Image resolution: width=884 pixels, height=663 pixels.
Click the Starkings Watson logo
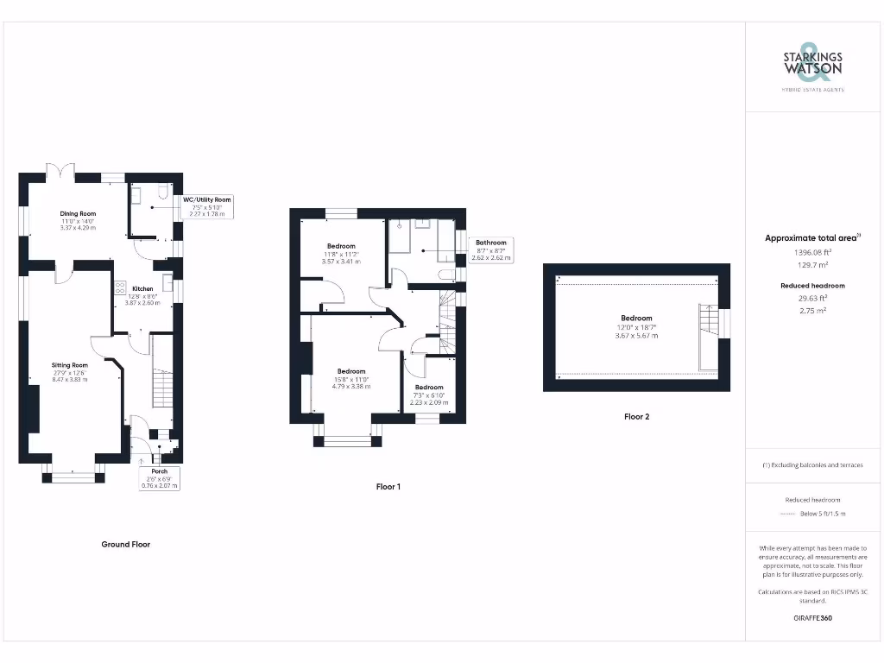(812, 66)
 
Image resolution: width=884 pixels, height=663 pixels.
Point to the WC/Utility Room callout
(207, 206)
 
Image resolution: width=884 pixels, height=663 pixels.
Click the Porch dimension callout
(160, 478)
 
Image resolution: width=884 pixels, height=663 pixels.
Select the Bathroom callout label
(490, 249)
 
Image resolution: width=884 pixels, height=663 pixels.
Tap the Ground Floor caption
(126, 544)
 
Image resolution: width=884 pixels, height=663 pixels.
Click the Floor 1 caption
(388, 487)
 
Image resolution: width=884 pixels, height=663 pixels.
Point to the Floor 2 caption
(636, 416)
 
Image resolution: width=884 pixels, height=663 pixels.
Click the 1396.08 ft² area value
(811, 253)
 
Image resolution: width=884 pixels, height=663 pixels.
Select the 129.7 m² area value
(811, 266)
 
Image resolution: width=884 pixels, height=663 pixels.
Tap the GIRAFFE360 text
(812, 618)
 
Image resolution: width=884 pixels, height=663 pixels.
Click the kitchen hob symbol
(119, 287)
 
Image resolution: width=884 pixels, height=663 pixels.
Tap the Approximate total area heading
(811, 238)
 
